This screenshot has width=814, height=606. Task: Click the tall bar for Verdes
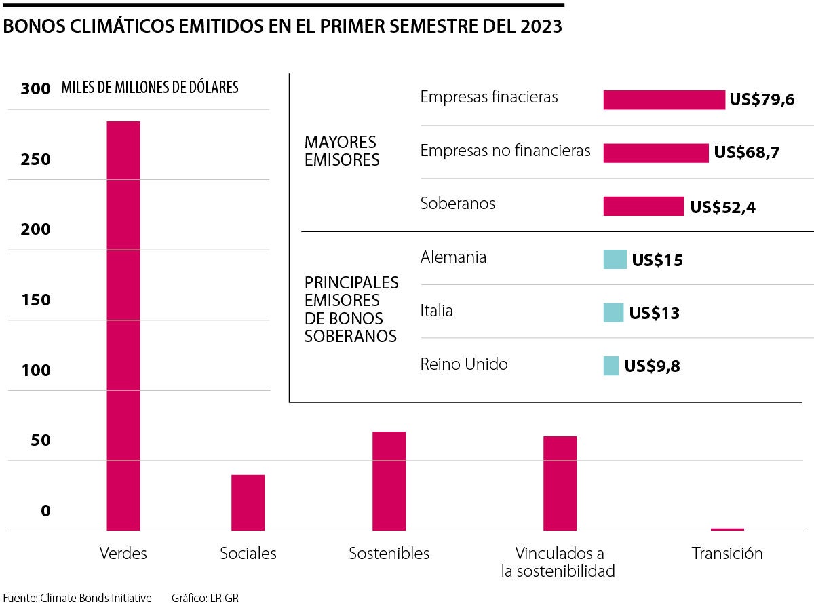point(123,326)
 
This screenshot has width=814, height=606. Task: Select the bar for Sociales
point(248,502)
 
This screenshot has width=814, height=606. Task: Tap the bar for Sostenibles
point(389,480)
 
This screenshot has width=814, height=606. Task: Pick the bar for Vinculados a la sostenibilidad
point(560,483)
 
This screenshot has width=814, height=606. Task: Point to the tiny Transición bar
point(727,529)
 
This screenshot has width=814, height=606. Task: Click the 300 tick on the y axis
point(35,89)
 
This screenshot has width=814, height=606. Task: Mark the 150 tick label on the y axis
point(35,300)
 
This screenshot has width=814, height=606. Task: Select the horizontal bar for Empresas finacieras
point(663,100)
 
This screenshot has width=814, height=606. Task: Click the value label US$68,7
point(746,153)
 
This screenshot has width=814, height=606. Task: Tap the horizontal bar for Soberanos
point(643,206)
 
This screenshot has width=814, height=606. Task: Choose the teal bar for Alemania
point(615,259)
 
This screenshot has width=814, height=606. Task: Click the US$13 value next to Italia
point(654,314)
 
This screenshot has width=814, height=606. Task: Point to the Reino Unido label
point(464,364)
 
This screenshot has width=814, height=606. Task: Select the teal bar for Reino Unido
point(610,366)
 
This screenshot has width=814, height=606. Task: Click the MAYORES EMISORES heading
point(342,151)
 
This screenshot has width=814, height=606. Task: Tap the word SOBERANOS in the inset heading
point(350,336)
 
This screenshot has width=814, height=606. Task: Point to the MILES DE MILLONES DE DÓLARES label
point(149,88)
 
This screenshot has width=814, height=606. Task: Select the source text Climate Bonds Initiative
point(96,598)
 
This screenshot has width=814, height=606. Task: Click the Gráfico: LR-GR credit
point(205,598)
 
